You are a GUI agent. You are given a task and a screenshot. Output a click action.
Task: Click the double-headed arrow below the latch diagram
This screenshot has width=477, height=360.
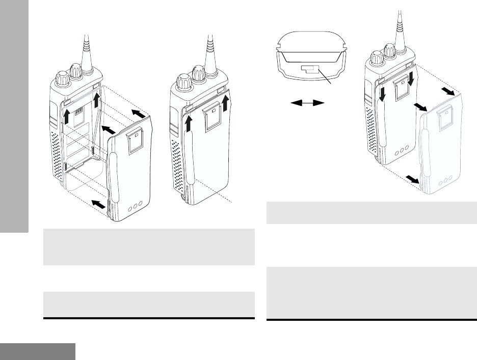[x=308, y=103]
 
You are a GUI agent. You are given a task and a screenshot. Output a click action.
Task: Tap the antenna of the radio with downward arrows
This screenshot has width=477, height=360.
[x=398, y=25]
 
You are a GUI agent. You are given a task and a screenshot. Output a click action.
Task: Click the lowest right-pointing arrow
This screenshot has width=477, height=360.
[x=411, y=180]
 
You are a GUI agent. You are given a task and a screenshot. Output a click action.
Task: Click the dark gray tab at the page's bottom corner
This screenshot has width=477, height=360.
[x=38, y=351]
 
